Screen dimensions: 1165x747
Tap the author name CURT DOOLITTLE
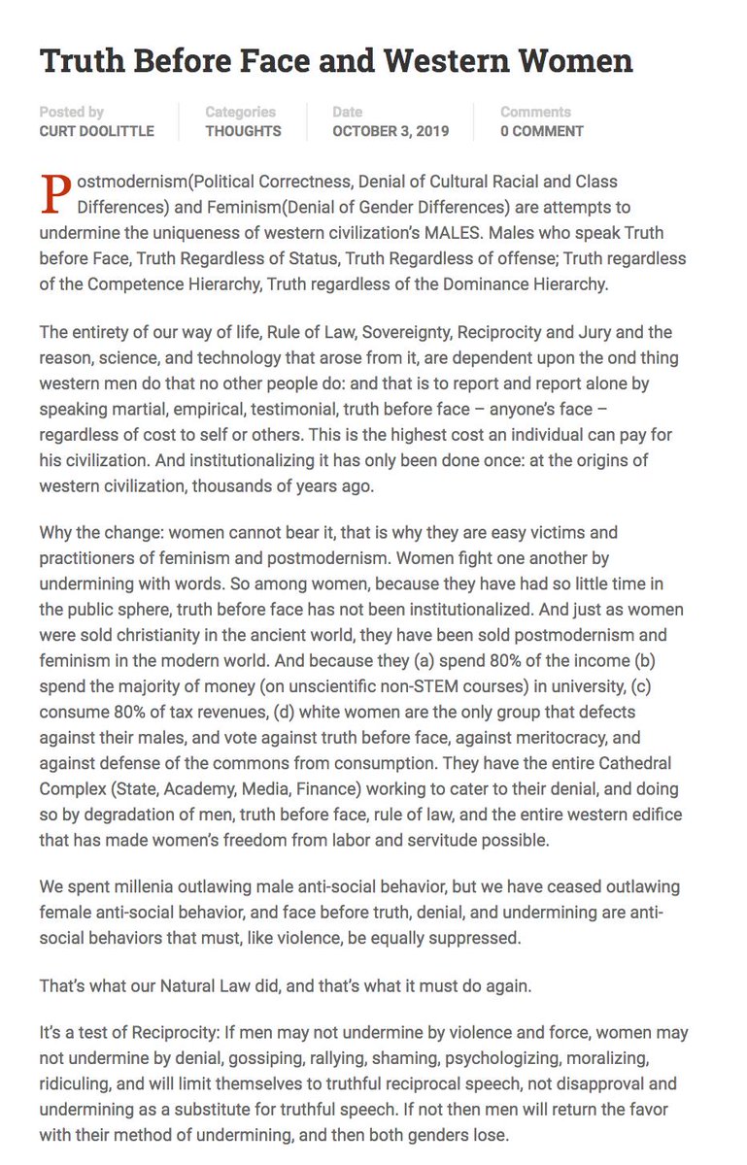coord(96,131)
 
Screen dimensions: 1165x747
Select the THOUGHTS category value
coord(243,131)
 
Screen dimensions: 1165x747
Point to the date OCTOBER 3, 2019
coord(390,131)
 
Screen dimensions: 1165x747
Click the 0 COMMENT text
coord(542,131)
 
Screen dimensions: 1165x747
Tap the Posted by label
coord(72,112)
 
